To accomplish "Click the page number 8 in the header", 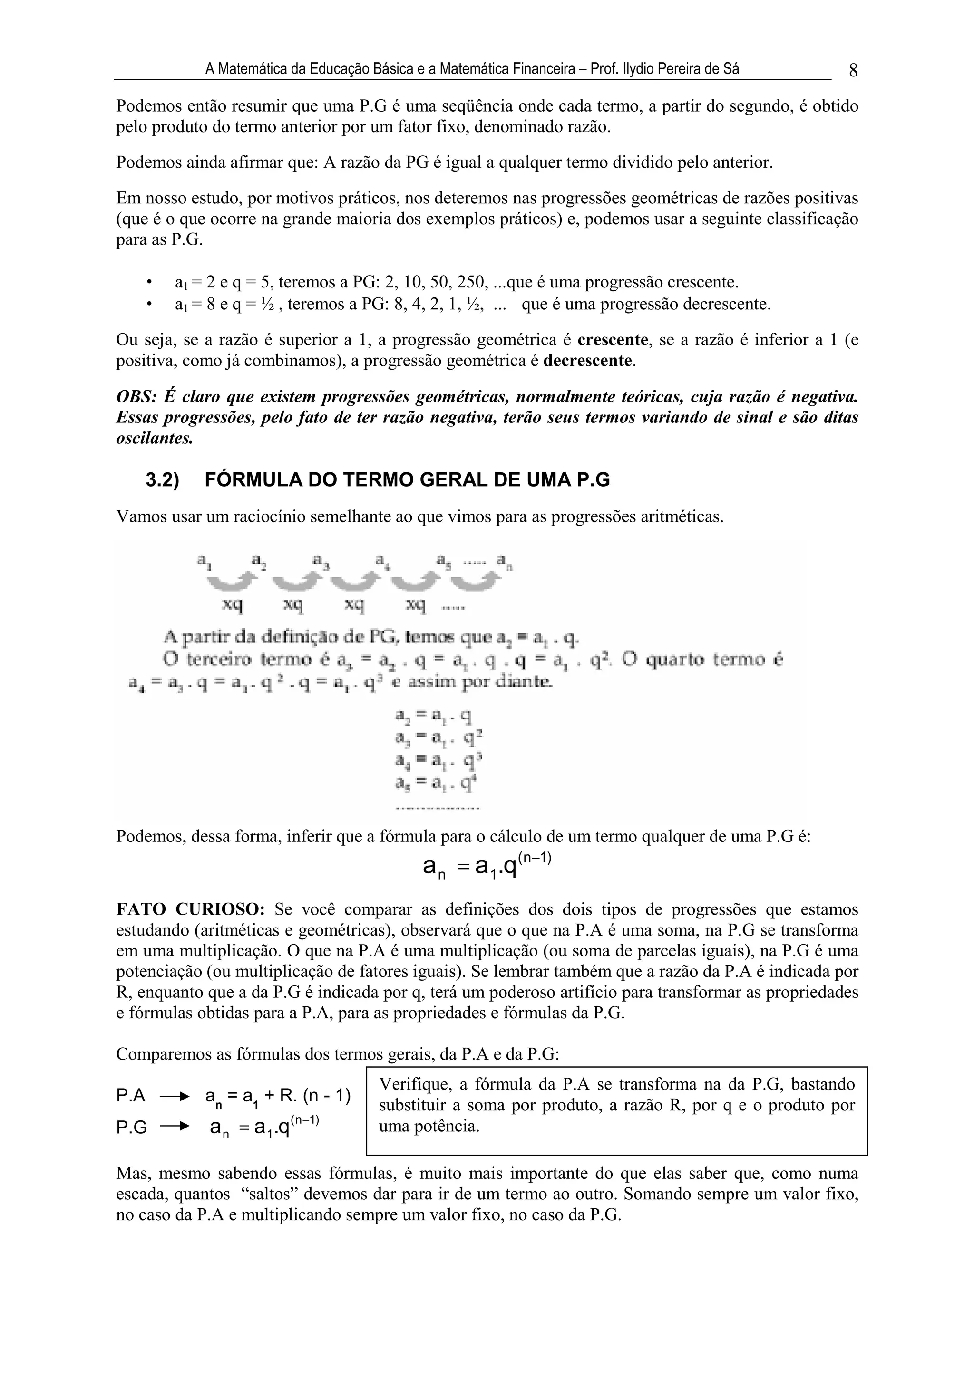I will coord(853,71).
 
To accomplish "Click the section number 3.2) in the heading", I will coord(163,480).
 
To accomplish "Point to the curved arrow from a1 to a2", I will coord(232,581).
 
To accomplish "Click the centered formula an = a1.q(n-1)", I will coord(486,866).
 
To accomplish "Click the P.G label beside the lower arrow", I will coord(131,1128).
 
